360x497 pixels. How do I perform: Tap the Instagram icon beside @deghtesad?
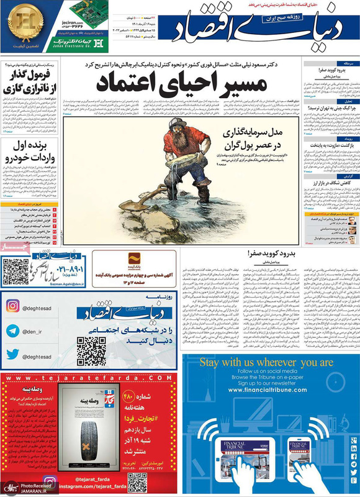coord(13,306)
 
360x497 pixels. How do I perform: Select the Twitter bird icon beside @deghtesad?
coord(13,355)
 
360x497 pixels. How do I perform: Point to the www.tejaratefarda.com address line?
coord(86,378)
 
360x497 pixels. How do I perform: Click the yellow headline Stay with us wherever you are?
coord(266,363)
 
